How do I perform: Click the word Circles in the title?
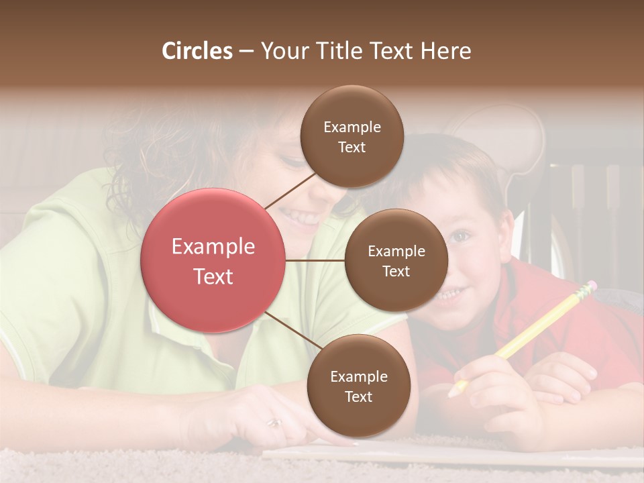197,51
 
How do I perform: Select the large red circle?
213,260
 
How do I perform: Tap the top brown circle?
352,136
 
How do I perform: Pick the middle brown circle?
396,260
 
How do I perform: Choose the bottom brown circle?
358,386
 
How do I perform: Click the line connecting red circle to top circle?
290,190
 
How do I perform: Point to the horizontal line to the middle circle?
315,260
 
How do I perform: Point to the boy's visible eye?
460,236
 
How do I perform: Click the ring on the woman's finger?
275,423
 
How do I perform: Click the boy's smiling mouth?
452,293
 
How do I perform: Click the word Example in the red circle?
213,246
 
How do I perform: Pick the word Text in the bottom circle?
358,396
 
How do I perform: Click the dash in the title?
246,51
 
